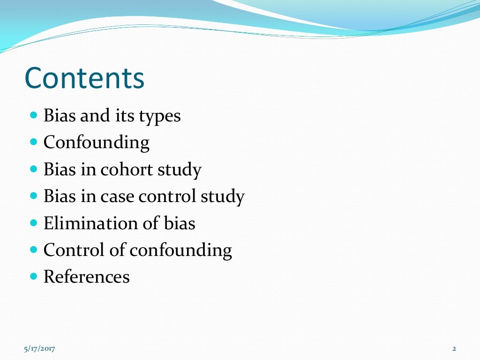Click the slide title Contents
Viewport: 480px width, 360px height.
coord(84,78)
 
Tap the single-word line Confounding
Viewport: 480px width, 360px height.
coord(97,142)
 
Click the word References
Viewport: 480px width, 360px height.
coord(87,277)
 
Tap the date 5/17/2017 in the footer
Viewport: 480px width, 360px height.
coord(39,348)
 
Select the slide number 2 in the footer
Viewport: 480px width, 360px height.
coord(454,348)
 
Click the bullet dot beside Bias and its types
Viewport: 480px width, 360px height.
coord(33,114)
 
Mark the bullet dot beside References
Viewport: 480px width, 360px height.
coord(33,276)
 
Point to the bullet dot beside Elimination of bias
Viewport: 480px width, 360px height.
coord(33,222)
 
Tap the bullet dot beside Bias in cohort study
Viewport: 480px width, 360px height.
coord(33,168)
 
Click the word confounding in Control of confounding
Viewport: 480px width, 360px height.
coord(180,251)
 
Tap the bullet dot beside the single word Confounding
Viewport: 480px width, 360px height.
coord(33,141)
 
